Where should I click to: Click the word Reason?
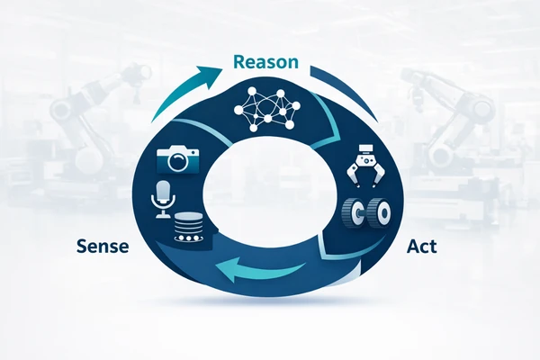[265, 62]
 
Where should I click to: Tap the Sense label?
[103, 247]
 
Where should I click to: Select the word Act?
[422, 247]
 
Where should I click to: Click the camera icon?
[177, 159]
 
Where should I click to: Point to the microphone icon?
[163, 200]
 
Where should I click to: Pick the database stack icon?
[188, 227]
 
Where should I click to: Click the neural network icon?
[267, 110]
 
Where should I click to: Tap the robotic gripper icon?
[365, 166]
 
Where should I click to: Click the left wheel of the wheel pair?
[352, 213]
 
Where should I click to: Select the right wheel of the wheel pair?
[380, 213]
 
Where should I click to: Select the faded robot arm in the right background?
[447, 113]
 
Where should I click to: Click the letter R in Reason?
[239, 62]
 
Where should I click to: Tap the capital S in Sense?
[82, 247]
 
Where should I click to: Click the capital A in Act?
[413, 247]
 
